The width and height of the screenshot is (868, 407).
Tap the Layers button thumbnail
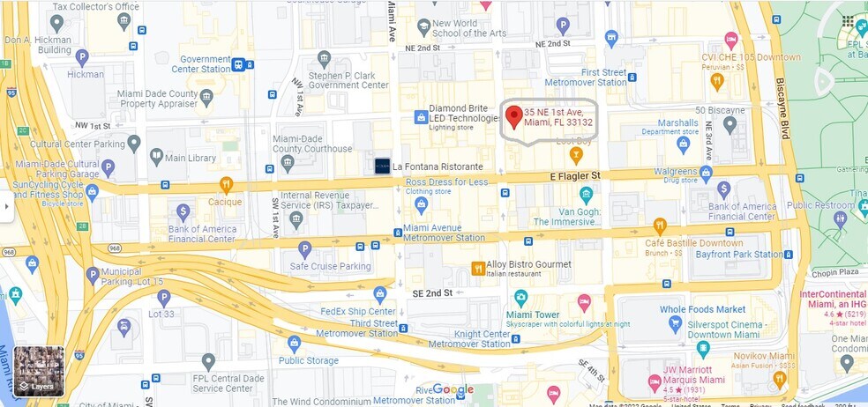click(x=39, y=371)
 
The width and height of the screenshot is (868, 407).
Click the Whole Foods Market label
click(x=702, y=309)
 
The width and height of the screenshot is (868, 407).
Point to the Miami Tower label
click(x=533, y=314)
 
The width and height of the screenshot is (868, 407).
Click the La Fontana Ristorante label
click(x=438, y=166)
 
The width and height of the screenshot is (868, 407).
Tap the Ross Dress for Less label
click(x=446, y=181)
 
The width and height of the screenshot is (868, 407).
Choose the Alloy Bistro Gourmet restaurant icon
click(x=478, y=268)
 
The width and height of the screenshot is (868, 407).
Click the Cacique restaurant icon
click(x=226, y=185)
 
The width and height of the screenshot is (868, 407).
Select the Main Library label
click(x=190, y=158)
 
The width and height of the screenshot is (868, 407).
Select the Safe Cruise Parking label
click(x=330, y=266)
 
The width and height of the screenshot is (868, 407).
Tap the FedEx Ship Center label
click(x=357, y=311)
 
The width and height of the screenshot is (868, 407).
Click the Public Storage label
click(x=309, y=360)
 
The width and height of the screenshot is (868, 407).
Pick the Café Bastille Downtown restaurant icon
click(x=660, y=226)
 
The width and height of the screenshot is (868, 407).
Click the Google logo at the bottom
click(x=453, y=389)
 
